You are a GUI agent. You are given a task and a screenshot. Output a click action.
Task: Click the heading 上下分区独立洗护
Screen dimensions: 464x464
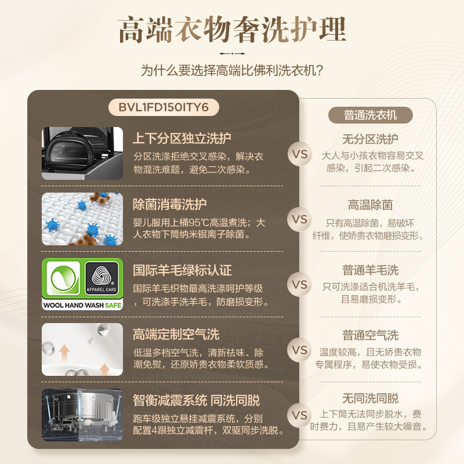182,139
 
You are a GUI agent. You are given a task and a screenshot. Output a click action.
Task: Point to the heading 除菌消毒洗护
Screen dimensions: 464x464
169,204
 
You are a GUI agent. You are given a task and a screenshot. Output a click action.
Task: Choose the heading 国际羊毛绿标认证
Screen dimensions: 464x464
182,270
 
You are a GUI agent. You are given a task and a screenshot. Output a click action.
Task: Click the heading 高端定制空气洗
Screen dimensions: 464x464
176,335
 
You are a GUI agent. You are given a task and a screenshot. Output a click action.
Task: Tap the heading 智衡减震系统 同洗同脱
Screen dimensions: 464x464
196,400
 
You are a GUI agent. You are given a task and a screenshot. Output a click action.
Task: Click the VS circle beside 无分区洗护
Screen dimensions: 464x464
300,155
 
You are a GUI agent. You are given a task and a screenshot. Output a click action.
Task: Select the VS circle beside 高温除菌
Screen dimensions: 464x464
300,220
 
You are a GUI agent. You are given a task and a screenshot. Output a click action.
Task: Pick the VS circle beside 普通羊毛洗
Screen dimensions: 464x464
300,285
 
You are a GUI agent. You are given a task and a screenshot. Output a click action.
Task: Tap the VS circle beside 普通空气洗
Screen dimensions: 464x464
300,350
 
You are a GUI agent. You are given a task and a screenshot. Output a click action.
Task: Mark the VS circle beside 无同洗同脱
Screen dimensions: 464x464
300,415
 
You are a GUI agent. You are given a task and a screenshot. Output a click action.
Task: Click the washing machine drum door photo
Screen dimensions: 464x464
82,153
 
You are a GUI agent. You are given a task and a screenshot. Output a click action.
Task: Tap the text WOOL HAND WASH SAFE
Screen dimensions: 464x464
82,304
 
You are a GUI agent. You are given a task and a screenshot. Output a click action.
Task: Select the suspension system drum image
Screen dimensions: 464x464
82,415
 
